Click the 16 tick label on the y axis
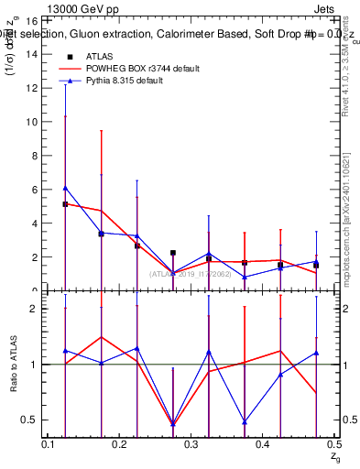click(32, 19)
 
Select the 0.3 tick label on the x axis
click(191, 444)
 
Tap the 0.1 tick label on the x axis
click(49, 444)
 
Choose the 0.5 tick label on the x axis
click(333, 444)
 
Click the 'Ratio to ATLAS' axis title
click(13, 365)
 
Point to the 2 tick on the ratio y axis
click(35, 308)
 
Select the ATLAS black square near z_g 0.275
click(173, 253)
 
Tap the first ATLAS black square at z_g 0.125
click(66, 204)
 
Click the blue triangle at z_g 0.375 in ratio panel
click(245, 421)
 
